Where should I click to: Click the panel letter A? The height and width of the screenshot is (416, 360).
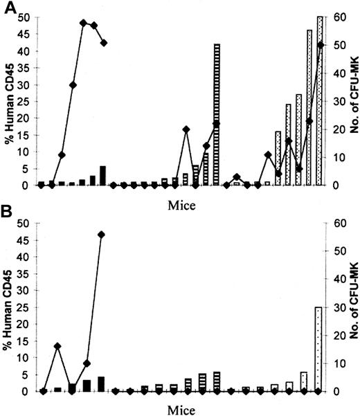[10, 8]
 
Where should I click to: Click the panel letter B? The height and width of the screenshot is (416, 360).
[10, 214]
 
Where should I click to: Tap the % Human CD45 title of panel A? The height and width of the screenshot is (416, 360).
[8, 101]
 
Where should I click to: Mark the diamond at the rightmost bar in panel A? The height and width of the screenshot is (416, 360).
[320, 45]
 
